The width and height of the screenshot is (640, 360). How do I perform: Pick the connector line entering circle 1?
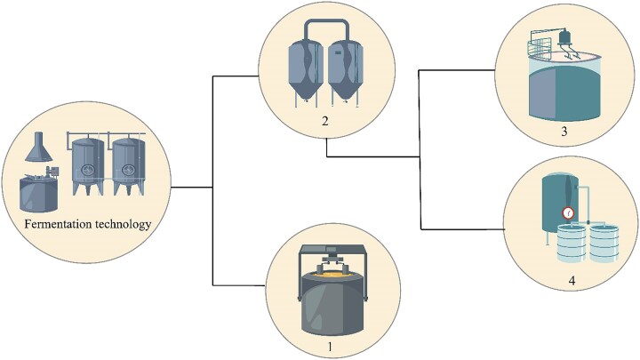(x=240, y=284)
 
